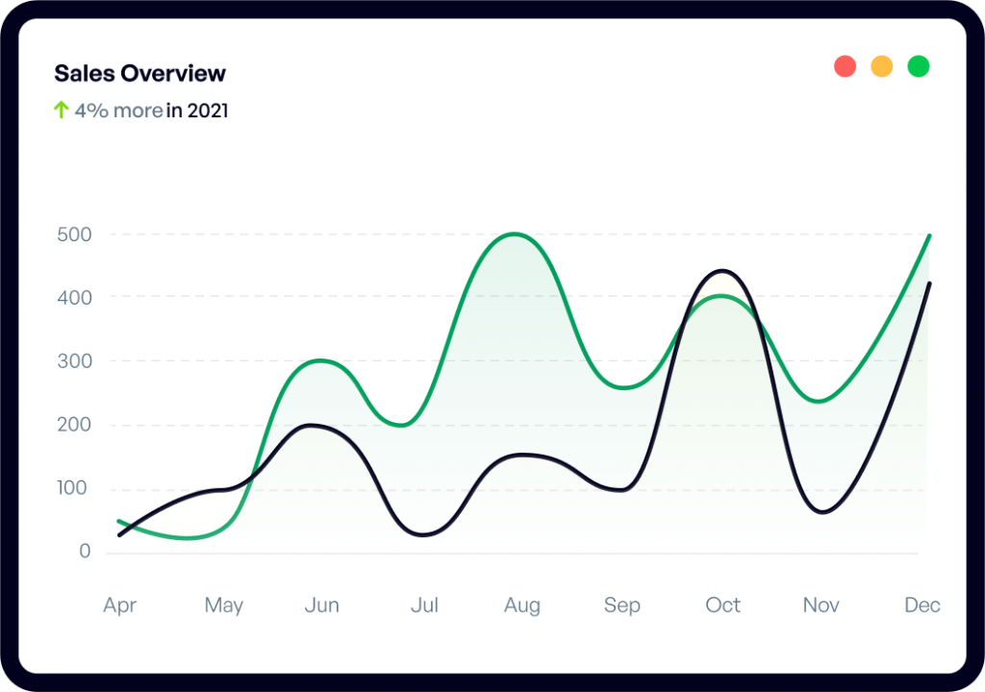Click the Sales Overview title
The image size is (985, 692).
139,73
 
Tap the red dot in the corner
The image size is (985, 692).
845,66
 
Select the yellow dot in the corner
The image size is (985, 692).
881,66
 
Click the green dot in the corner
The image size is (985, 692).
919,66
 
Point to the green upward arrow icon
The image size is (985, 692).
61,111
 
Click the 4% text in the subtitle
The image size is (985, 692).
91,111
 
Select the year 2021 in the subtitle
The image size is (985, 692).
208,111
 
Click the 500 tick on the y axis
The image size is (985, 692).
73,234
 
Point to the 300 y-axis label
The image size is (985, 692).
73,361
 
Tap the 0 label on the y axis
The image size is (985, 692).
86,552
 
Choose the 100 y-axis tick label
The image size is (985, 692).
73,488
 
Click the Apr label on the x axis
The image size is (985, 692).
119,605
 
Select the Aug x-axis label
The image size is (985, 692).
522,605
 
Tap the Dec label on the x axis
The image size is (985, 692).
922,605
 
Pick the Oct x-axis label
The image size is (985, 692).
722,605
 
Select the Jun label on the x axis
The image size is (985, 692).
321,605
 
